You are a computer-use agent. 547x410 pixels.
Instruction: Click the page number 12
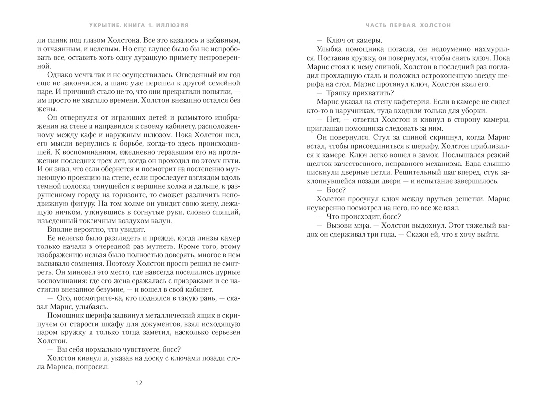pos(139,382)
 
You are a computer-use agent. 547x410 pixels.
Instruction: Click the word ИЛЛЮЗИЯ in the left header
pos(174,25)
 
